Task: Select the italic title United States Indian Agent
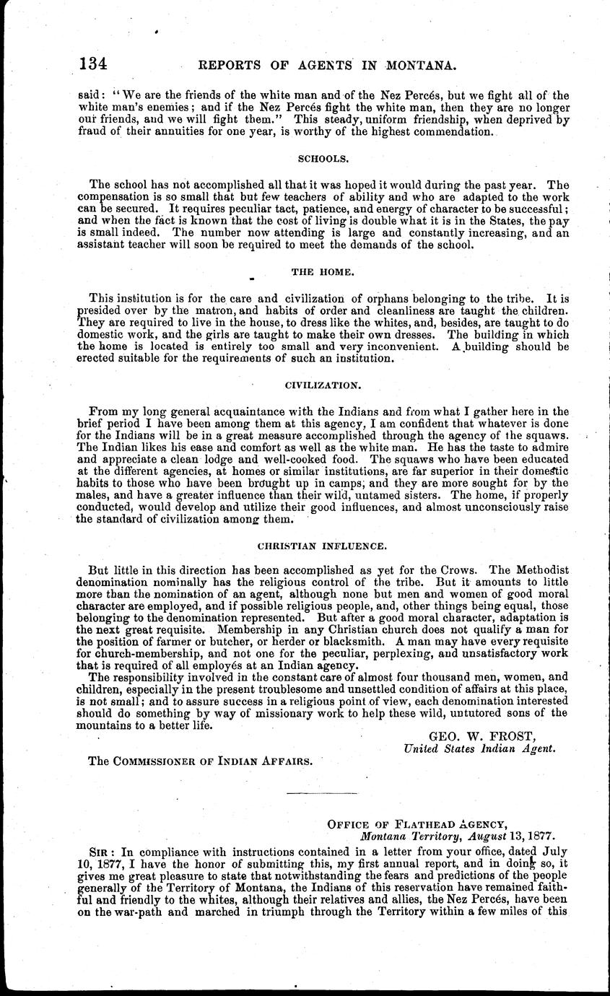(479, 748)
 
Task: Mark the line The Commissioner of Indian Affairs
(201, 761)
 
